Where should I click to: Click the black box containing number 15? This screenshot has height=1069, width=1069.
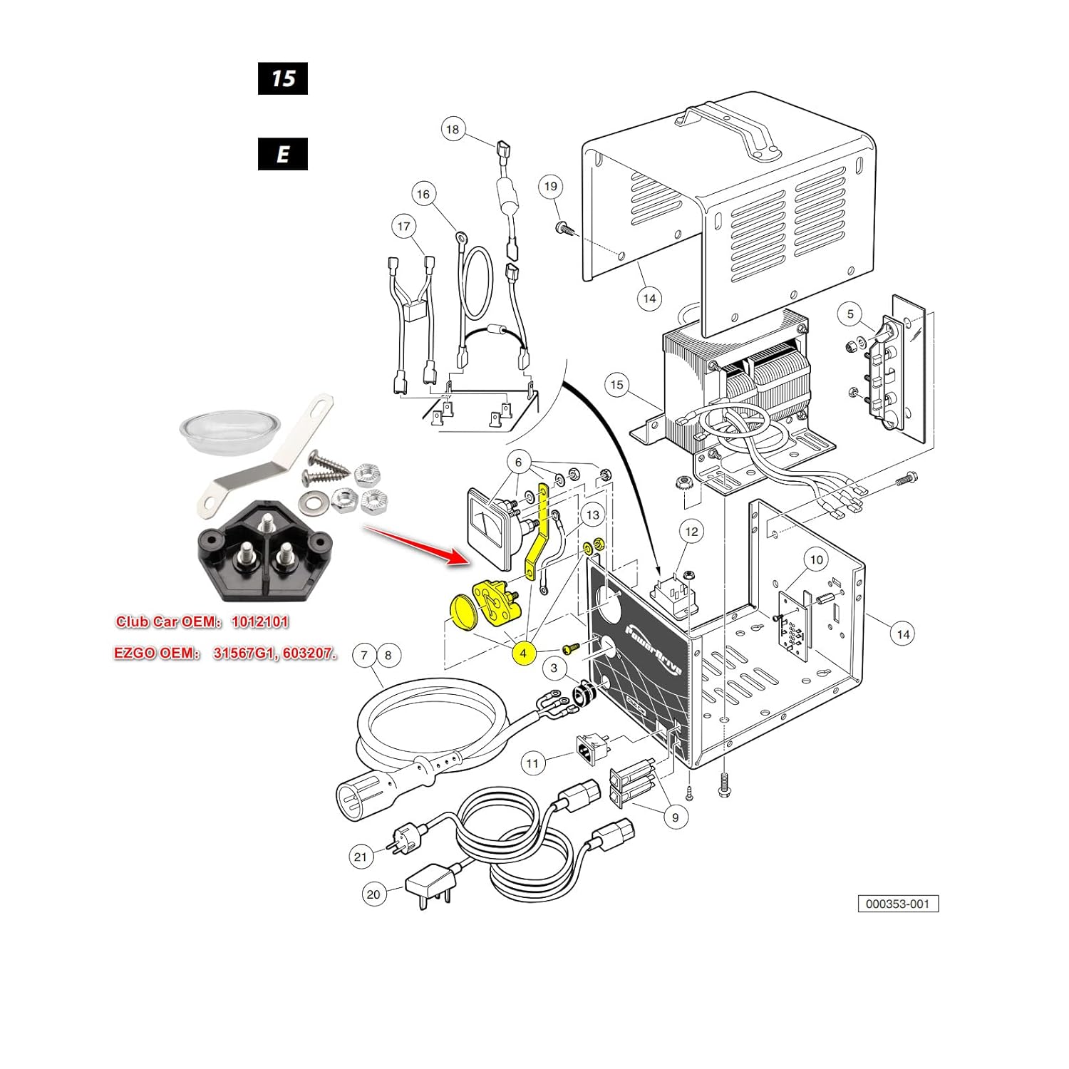coord(283,78)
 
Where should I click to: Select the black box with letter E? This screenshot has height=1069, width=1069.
coord(283,154)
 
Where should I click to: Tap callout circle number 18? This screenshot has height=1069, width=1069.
coord(453,130)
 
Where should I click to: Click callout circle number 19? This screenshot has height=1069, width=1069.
coord(551,187)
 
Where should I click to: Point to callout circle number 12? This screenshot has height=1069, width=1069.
coord(691,531)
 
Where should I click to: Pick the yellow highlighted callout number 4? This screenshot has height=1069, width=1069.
coord(523,653)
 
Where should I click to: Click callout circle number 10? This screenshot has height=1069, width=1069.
coord(817,559)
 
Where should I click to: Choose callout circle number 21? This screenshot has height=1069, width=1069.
coord(361,856)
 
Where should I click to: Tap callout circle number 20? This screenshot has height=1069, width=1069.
coord(373,894)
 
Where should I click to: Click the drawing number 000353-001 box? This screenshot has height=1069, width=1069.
coord(898,904)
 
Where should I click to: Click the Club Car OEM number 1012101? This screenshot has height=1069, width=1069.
coord(260,622)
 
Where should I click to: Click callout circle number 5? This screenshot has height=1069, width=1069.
coord(850,314)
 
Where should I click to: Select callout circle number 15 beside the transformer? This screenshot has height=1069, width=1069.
coord(616,385)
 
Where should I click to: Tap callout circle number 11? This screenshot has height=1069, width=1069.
coord(532,763)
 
